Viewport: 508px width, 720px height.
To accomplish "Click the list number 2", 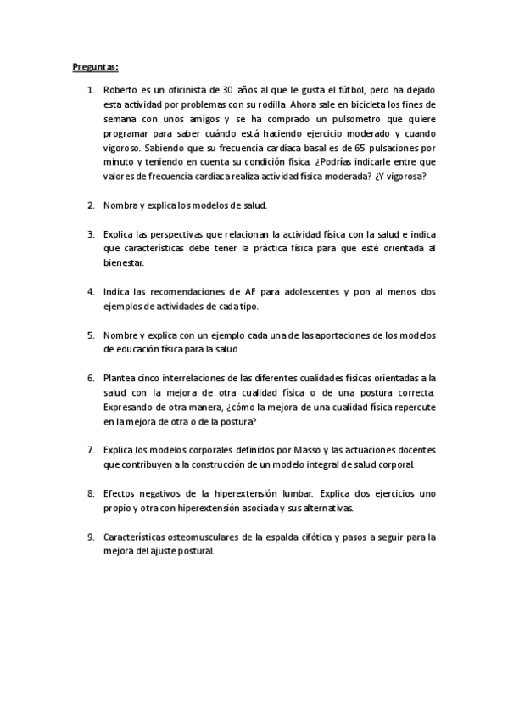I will click(91, 205).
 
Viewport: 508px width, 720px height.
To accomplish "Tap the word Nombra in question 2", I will click(120, 205).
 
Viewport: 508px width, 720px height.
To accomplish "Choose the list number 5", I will click(91, 335).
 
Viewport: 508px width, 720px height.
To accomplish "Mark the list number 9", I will click(91, 536).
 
